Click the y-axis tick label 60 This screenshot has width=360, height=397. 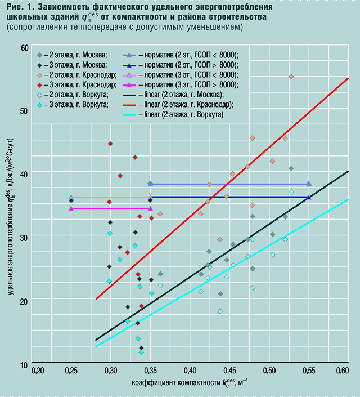[24, 48]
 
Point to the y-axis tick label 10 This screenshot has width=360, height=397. [24, 365]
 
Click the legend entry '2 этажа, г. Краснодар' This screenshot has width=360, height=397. [80, 75]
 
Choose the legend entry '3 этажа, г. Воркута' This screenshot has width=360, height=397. [78, 105]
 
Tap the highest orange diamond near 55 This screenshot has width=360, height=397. [291, 77]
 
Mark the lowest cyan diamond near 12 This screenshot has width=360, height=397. [141, 353]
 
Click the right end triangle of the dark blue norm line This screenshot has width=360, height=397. [309, 197]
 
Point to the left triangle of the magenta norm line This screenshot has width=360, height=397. [71, 208]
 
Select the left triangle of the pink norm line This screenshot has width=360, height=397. [71, 197]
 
